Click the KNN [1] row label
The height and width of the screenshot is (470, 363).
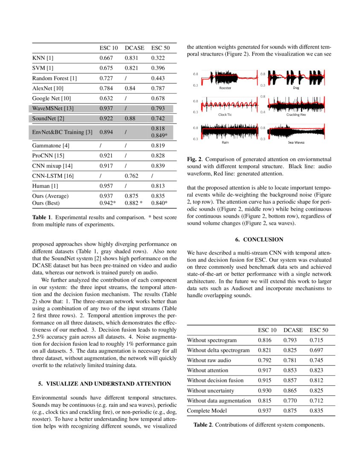[x=43, y=58]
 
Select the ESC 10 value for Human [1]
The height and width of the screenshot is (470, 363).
[x=106, y=186]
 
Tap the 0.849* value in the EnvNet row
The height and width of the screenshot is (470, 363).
[x=159, y=135]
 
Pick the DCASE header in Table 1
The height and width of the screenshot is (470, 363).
[x=135, y=48]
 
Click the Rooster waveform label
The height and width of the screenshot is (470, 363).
[x=225, y=88]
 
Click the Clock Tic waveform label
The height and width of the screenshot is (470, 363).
[x=225, y=115]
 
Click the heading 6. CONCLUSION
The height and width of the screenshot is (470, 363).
[x=259, y=240]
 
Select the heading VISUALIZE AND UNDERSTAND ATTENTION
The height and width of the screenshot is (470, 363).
[x=105, y=384]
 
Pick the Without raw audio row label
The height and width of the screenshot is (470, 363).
[x=209, y=361]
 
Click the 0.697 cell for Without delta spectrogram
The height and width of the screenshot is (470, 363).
[x=316, y=350]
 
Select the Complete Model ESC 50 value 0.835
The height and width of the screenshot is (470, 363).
[x=316, y=411]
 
